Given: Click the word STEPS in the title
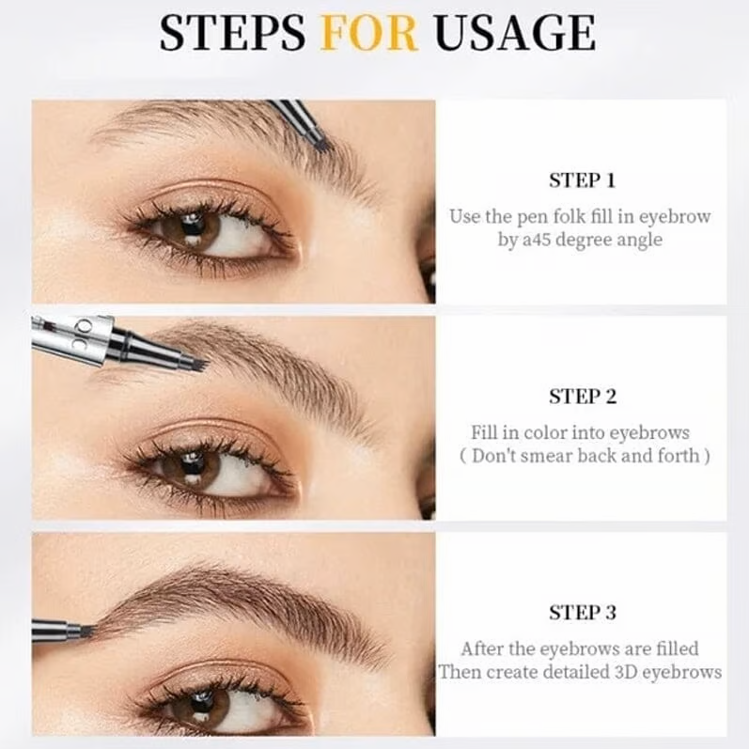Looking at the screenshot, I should point(233,35).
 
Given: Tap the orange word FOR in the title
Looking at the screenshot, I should point(368,35).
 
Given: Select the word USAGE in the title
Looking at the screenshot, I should point(514,35).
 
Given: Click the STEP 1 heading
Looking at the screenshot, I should point(582,180).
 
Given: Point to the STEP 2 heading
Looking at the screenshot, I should point(582,397).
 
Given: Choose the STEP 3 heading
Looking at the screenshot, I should point(582,613).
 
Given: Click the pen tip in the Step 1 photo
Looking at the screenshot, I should point(320,142).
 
